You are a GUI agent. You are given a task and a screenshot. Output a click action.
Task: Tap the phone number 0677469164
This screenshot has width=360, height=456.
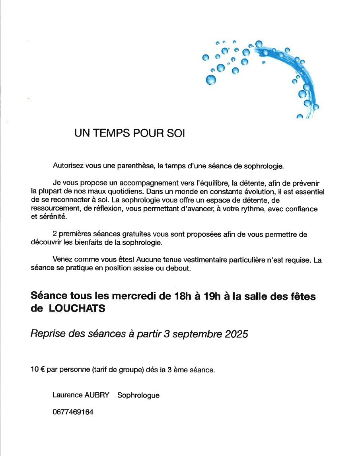point(73,412)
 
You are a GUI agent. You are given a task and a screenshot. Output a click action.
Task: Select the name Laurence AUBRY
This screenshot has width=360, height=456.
point(81,395)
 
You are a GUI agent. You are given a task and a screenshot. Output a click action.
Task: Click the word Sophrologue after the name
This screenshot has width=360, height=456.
point(138,395)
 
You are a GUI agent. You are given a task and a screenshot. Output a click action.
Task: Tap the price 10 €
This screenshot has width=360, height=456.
point(37,370)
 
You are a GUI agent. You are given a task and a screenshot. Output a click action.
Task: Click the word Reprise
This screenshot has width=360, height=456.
point(47,335)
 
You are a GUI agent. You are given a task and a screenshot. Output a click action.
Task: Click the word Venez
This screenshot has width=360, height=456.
point(62,260)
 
